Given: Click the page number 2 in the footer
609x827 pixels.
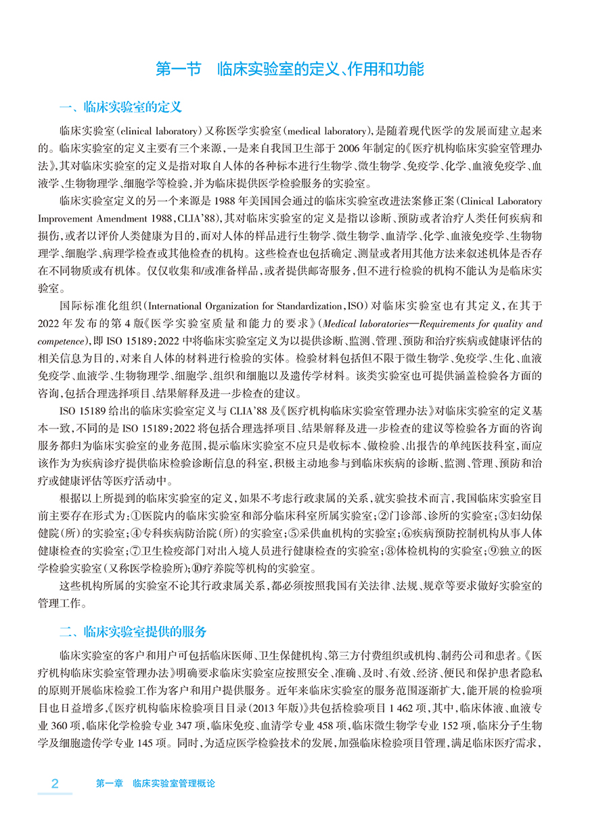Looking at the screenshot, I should [x=55, y=784].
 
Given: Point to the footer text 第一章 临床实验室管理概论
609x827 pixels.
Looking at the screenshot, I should [x=155, y=784].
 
